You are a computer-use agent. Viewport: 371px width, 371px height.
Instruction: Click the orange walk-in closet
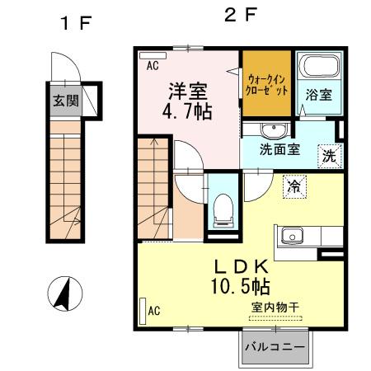click(x=266, y=84)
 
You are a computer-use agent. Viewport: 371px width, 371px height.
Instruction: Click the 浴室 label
click(x=319, y=94)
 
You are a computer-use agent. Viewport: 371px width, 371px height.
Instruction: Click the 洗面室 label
click(x=280, y=151)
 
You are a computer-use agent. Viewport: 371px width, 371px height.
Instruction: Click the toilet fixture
click(x=222, y=210)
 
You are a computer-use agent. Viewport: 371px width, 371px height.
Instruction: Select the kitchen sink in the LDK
click(x=291, y=236)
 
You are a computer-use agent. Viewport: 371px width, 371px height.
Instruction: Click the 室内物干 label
click(x=275, y=308)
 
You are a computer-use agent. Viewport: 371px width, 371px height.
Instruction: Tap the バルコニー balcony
click(x=277, y=348)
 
